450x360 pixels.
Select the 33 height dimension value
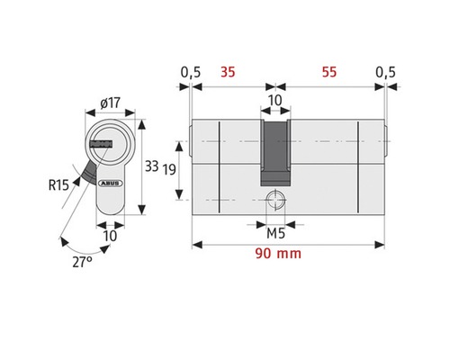[x=152, y=166]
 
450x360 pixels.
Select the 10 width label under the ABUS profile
[x=108, y=236]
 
